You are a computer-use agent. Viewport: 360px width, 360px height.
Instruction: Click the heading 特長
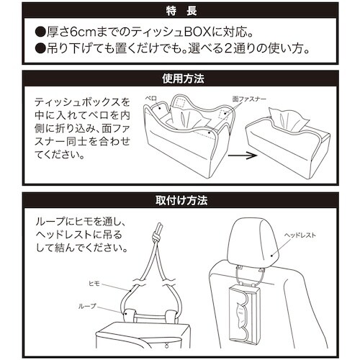click(x=179, y=11)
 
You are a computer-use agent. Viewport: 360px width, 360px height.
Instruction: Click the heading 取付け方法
click(x=179, y=198)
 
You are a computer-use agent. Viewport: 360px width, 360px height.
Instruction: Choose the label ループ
click(x=86, y=307)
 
